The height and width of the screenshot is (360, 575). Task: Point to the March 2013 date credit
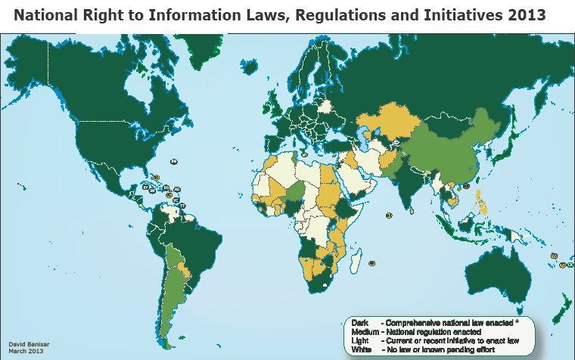coord(25,350)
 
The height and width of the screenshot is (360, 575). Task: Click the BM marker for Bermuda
coord(173,161)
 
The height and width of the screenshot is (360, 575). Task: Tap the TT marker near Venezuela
coord(182,206)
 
